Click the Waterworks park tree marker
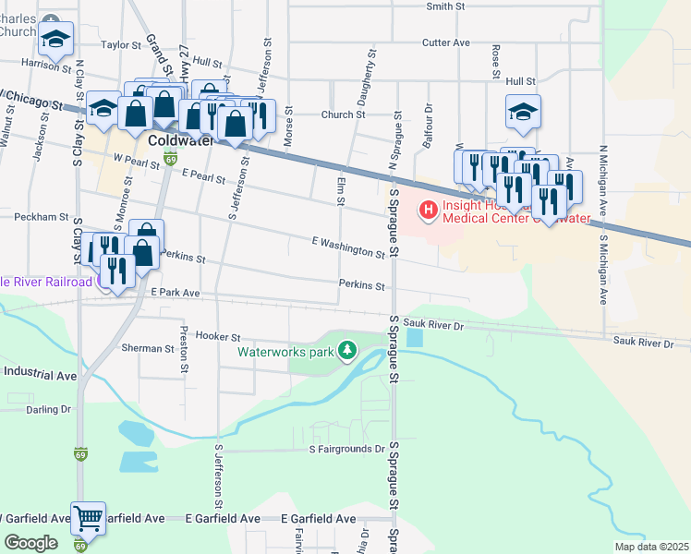tap(347, 351)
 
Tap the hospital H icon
tap(429, 211)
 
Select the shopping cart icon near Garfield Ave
tap(88, 519)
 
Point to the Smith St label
tap(444, 6)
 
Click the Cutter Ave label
tap(445, 42)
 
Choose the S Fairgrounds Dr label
tap(346, 449)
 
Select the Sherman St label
tap(148, 349)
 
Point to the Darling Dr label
tap(48, 409)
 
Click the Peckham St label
tap(42, 217)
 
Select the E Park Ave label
tap(176, 293)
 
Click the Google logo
tap(30, 543)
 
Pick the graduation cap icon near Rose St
tap(523, 113)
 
